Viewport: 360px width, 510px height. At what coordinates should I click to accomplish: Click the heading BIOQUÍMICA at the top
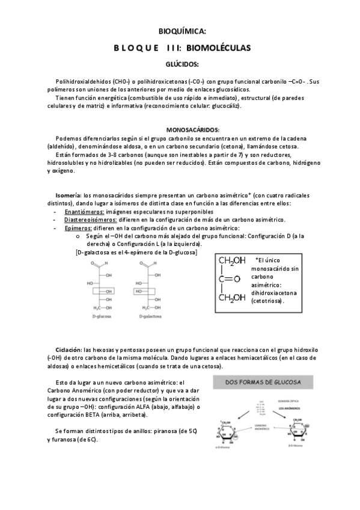click(x=180, y=31)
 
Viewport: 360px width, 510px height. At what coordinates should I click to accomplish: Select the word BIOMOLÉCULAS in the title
click(x=218, y=47)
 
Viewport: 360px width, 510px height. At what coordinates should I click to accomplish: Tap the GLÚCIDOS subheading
click(x=180, y=63)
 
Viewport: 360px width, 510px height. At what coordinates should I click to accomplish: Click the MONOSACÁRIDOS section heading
click(x=192, y=130)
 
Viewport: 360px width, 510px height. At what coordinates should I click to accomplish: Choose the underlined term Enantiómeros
click(x=84, y=212)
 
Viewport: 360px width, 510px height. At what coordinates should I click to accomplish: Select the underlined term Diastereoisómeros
click(x=90, y=220)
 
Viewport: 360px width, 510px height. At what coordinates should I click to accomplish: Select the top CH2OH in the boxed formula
click(x=232, y=260)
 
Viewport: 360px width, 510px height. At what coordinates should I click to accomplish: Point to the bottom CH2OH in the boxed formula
click(x=232, y=297)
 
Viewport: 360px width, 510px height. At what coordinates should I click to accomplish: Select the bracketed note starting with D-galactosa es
click(x=136, y=253)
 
